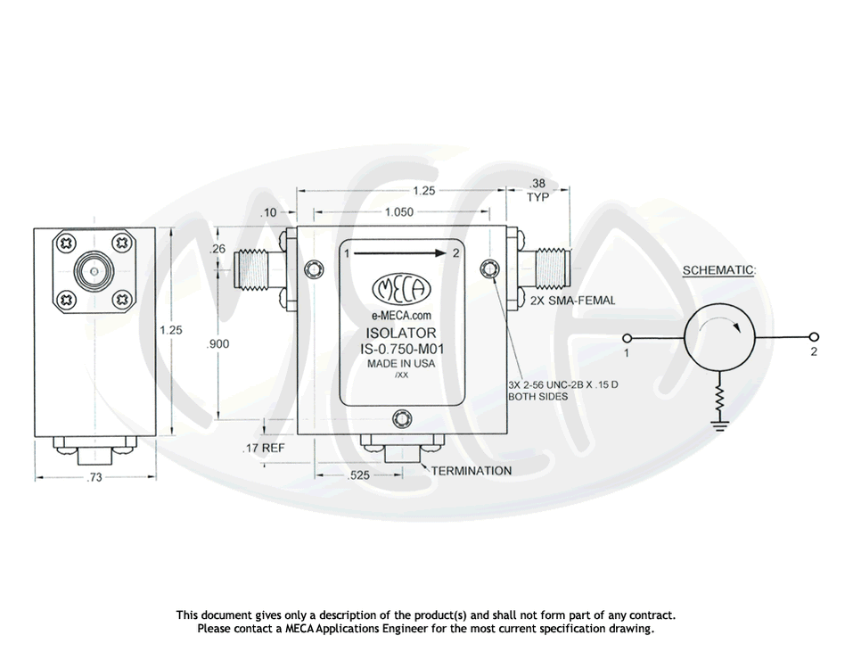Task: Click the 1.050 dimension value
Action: pos(399,212)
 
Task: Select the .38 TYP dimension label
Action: pos(537,191)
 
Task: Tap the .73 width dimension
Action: pos(94,478)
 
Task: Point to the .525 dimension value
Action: pos(358,476)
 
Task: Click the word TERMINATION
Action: pos(472,470)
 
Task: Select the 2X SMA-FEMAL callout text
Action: pos(572,301)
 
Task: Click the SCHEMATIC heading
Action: pos(718,270)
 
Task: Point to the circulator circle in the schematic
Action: pos(718,337)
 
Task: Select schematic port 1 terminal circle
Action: pos(627,338)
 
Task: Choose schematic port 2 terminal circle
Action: pos(813,338)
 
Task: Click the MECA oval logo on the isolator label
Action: pos(400,288)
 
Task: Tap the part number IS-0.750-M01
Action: pos(401,350)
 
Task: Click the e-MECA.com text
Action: pos(401,316)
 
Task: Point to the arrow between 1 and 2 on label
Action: pos(399,253)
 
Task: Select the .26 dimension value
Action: pos(217,250)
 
